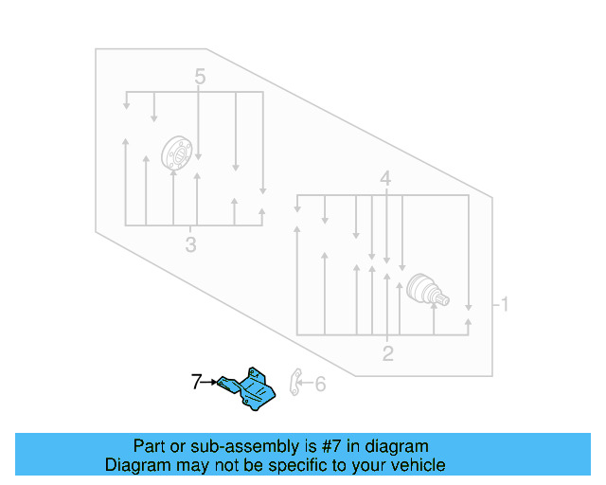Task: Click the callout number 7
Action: click(x=196, y=382)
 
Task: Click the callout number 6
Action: click(x=320, y=384)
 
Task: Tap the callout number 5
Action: click(x=200, y=77)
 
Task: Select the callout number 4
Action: click(x=385, y=179)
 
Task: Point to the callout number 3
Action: click(x=190, y=244)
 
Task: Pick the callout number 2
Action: click(x=387, y=353)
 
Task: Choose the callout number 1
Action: click(x=505, y=304)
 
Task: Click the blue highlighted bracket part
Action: click(x=247, y=388)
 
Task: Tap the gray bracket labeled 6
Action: click(x=295, y=382)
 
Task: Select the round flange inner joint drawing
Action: click(x=177, y=153)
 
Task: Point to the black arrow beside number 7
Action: click(x=210, y=382)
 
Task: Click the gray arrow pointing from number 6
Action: click(x=308, y=384)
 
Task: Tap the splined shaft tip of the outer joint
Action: click(x=443, y=299)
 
